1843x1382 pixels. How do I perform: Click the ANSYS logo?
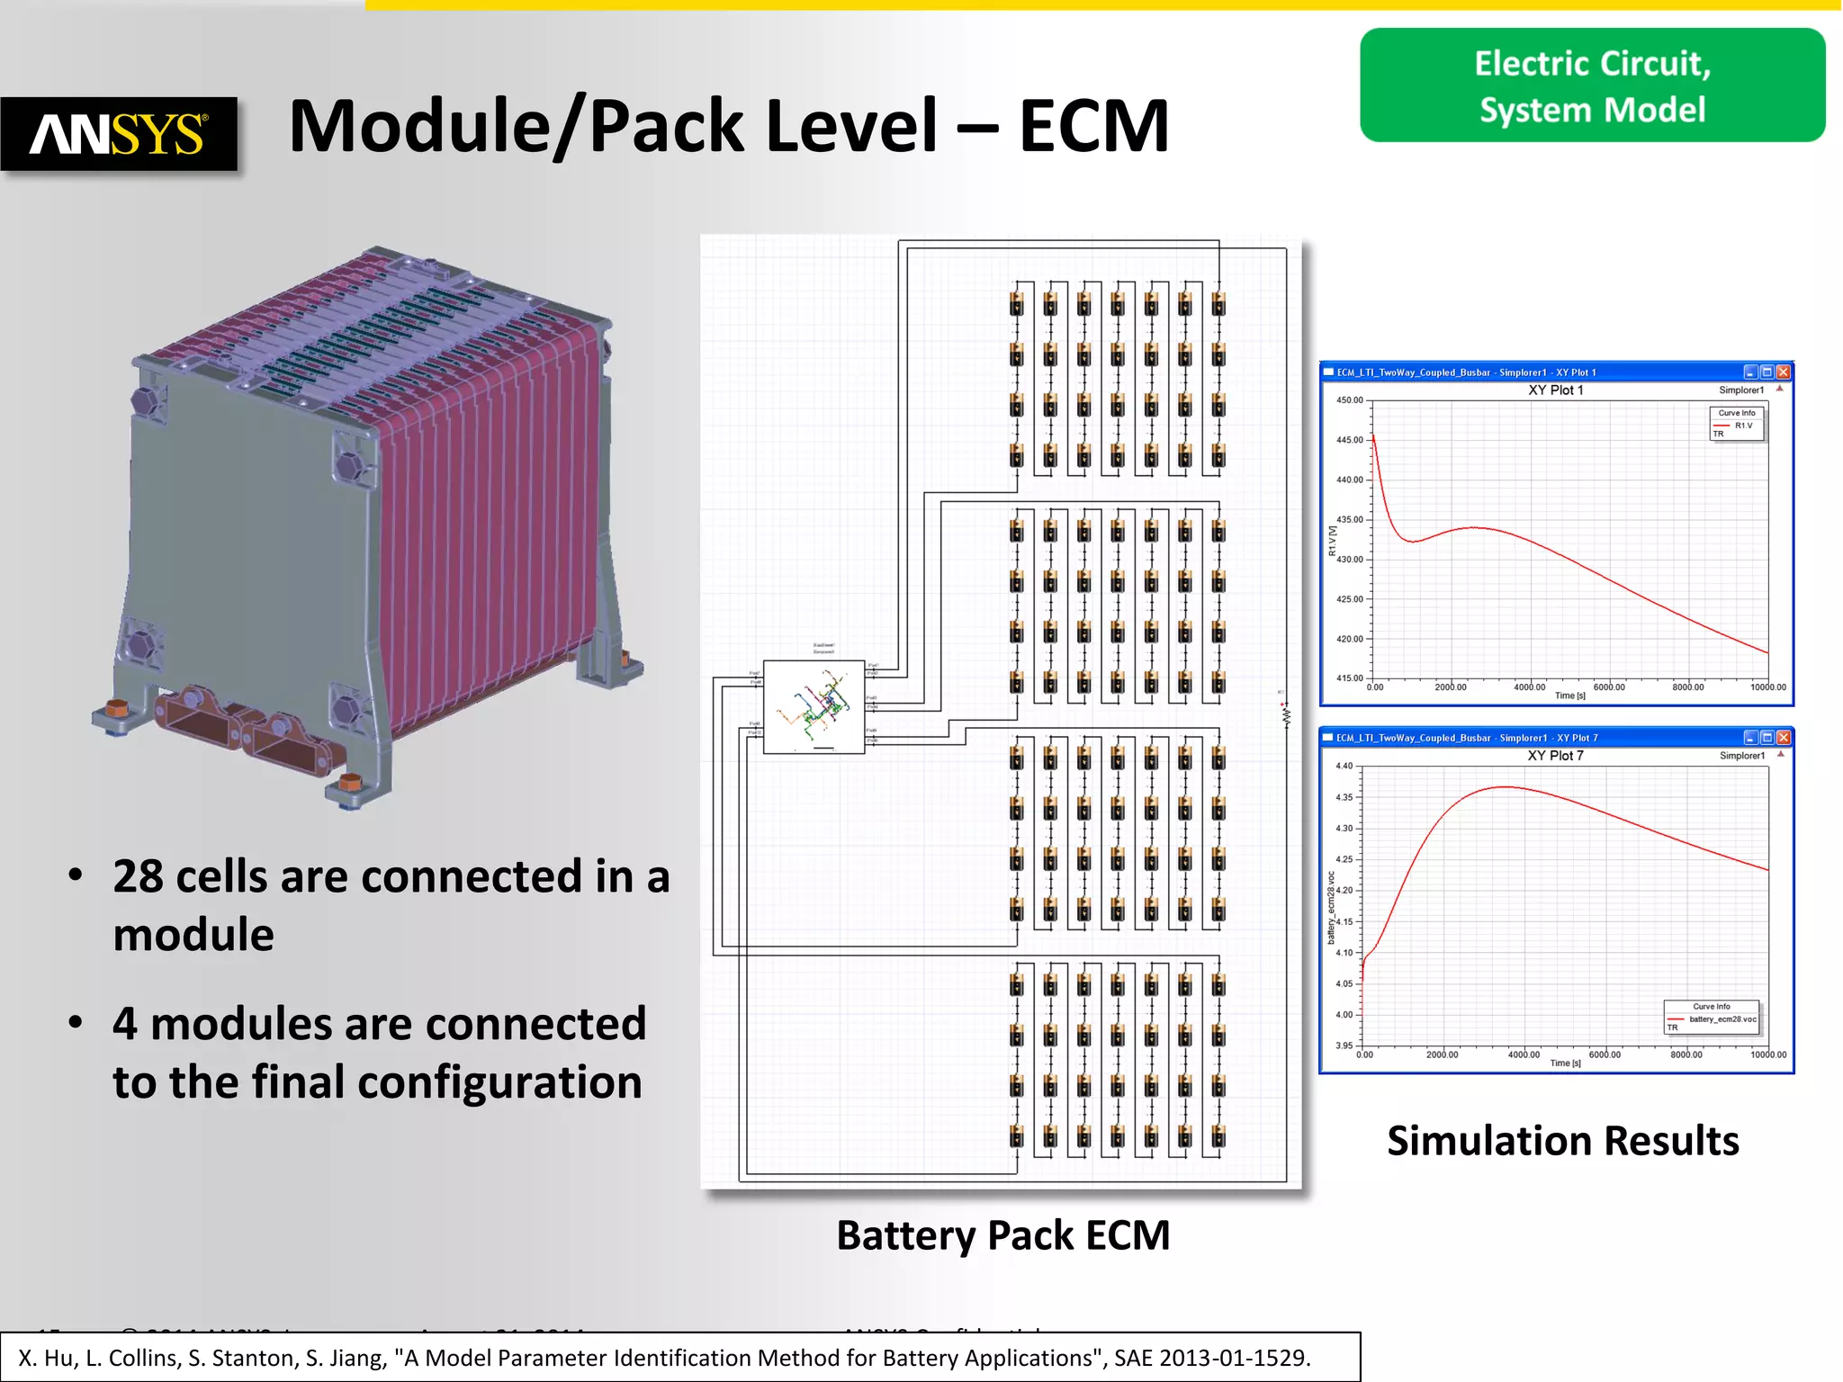(x=119, y=134)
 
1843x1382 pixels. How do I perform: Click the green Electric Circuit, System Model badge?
(x=1592, y=85)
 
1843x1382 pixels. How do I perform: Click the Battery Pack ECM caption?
(x=1002, y=1235)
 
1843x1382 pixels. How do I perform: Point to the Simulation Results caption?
(x=1562, y=1141)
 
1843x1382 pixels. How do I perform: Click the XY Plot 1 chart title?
(x=1555, y=390)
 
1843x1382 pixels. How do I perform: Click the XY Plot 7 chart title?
(x=1555, y=756)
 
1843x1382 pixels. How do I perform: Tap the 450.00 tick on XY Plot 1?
(x=1350, y=400)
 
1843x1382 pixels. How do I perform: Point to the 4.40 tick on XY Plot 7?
(x=1344, y=766)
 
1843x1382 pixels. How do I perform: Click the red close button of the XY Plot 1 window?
(x=1783, y=372)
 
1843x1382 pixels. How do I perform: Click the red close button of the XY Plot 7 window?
(x=1783, y=737)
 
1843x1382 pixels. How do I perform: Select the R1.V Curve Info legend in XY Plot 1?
(x=1737, y=424)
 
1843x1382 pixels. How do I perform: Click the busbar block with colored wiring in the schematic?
(x=814, y=706)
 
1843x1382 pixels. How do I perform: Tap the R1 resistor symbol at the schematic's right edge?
(x=1286, y=716)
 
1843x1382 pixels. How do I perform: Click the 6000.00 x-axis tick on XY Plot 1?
(x=1609, y=687)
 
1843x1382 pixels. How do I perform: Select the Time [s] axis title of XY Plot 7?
(x=1565, y=1063)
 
